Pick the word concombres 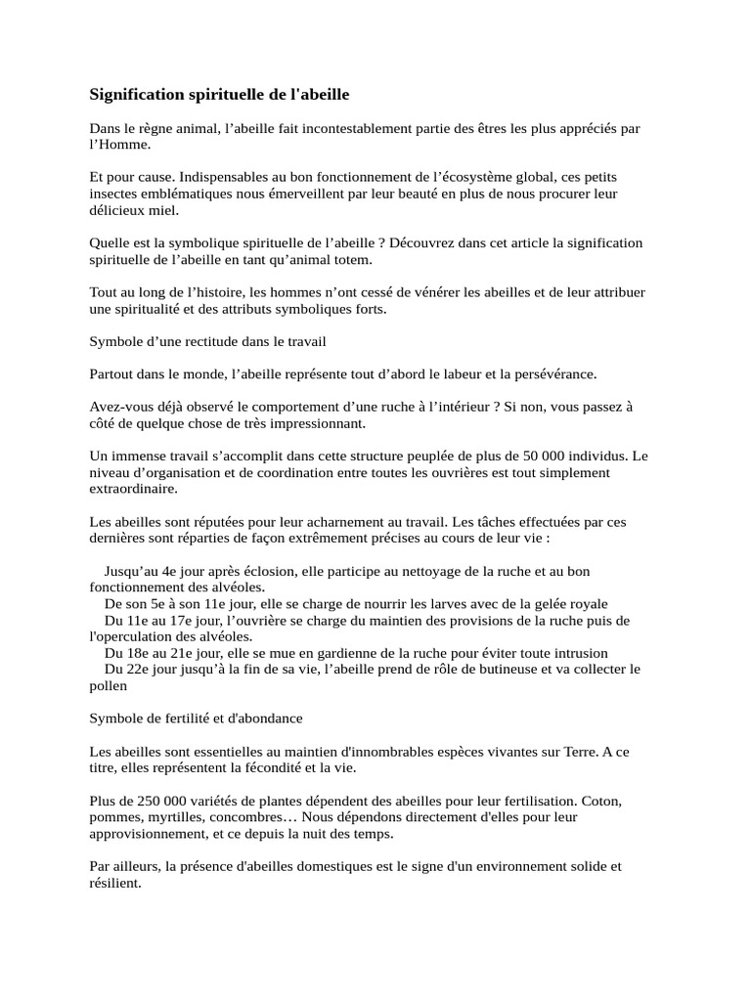(x=243, y=817)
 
